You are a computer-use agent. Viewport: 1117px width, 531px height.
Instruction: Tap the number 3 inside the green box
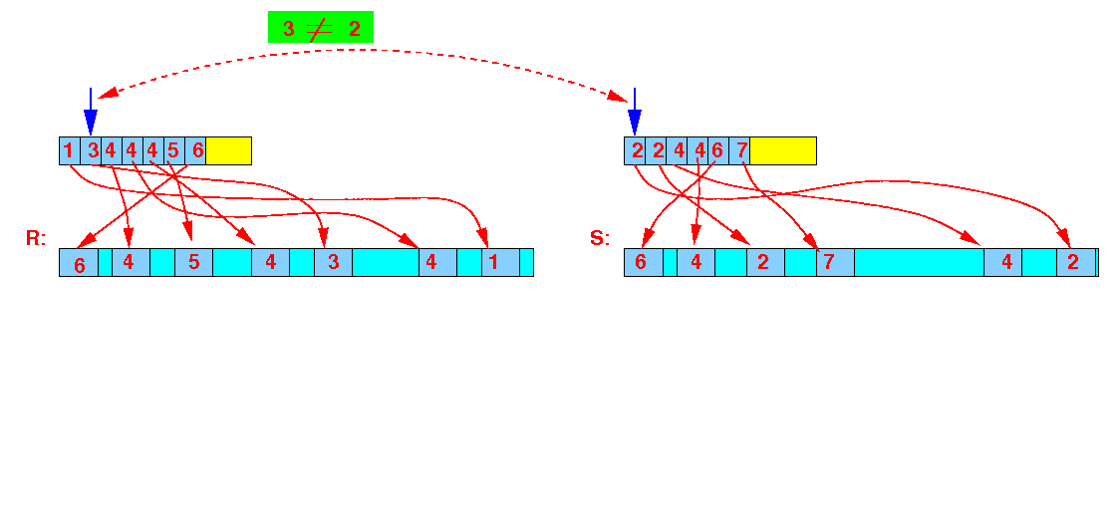point(289,29)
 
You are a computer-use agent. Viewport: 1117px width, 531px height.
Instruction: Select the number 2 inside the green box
point(354,29)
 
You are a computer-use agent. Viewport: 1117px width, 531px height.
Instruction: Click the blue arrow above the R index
point(90,111)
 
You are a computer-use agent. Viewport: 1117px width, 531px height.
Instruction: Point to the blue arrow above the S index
point(634,111)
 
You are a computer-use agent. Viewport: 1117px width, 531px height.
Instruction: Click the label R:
point(36,238)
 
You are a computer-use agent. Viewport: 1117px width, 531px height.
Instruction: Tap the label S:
point(600,238)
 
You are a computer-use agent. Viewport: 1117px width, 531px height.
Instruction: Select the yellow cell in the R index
point(228,150)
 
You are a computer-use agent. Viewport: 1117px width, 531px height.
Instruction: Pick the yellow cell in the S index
point(783,150)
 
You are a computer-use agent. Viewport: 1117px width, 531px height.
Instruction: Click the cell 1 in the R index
point(69,150)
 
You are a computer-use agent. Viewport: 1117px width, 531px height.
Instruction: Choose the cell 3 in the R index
point(91,150)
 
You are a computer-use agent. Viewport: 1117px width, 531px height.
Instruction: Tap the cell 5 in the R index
point(174,150)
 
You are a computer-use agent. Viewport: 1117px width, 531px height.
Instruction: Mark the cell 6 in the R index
point(195,150)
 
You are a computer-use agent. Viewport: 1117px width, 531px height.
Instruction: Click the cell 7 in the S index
point(740,150)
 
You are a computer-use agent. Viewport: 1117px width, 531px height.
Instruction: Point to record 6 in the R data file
point(79,263)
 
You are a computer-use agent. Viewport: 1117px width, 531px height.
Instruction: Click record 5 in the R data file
point(193,263)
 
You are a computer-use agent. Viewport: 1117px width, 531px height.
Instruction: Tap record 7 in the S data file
point(836,263)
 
